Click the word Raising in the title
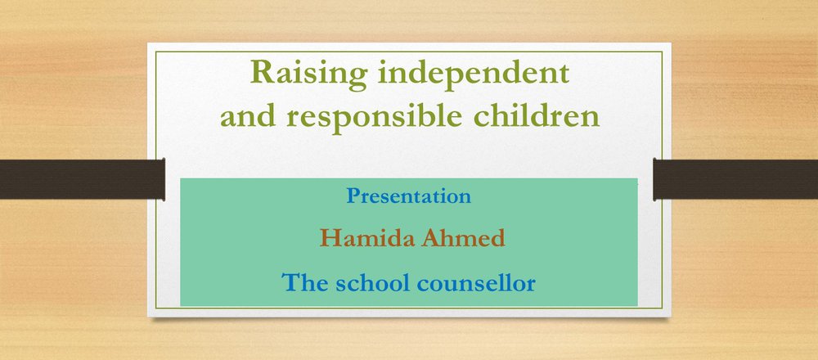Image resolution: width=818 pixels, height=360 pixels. click(309, 74)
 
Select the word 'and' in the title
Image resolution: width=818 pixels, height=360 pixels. click(248, 116)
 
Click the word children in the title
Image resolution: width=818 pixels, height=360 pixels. click(537, 116)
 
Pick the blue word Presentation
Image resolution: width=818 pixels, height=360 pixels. click(408, 196)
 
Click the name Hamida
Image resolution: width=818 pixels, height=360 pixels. click(368, 238)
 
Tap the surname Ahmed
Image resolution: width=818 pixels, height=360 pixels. click(463, 238)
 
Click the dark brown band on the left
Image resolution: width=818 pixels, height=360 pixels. click(83, 179)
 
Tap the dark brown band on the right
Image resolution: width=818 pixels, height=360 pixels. click(735, 179)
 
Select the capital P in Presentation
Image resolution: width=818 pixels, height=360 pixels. click(353, 195)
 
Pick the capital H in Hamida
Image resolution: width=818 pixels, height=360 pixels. click(330, 238)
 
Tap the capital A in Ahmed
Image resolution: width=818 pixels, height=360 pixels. click(431, 238)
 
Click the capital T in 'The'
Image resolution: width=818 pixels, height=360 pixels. click(290, 282)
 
